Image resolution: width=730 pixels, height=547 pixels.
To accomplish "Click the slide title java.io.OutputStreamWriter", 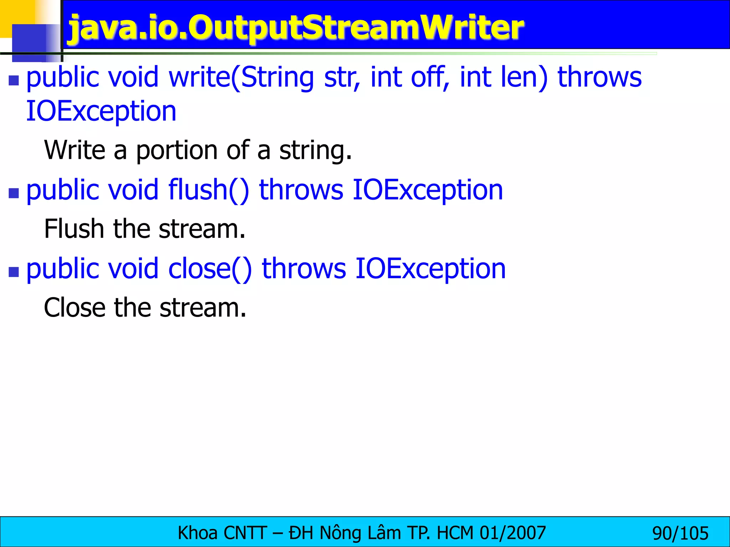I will click(296, 28).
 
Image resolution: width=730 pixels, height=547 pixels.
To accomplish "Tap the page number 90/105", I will click(680, 533).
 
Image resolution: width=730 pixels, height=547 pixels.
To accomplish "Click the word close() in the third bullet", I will click(210, 269).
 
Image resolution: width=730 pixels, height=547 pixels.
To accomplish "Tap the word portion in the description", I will click(177, 150).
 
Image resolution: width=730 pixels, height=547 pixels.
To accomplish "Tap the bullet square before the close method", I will click(14, 272).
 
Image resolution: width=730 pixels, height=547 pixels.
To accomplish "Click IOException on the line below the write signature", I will click(101, 111).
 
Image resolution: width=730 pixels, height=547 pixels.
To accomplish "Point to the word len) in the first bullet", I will click(524, 77).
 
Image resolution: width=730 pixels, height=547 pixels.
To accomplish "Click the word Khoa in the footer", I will click(197, 533).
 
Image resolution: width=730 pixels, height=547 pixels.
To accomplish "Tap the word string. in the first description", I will click(315, 150).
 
